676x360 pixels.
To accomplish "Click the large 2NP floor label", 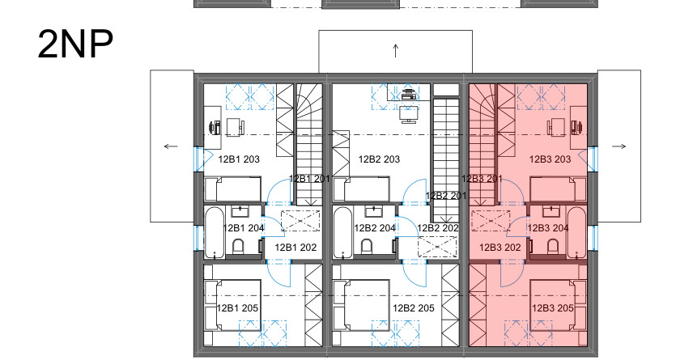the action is (x=75, y=44).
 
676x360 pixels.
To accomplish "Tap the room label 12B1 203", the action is (x=239, y=159).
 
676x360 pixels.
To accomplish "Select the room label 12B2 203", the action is (x=379, y=159).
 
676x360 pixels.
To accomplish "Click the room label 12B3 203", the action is (x=551, y=159).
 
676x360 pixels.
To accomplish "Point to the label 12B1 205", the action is (x=237, y=308).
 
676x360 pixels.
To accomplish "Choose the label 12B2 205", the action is (x=414, y=308).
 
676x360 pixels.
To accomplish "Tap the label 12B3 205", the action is (x=553, y=308).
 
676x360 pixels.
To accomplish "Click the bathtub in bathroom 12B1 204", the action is (x=215, y=232).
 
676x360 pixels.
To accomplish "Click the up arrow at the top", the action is (x=396, y=51).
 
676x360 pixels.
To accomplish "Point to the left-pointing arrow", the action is (x=171, y=146).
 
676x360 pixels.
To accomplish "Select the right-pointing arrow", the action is (x=619, y=146).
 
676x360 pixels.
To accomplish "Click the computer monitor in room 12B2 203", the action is (x=409, y=115).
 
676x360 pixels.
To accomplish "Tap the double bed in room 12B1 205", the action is (x=232, y=305).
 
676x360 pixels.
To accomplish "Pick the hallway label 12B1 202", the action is (x=295, y=248).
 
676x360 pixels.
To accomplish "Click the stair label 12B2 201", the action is (x=446, y=196).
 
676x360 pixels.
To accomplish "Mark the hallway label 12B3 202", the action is (x=500, y=248).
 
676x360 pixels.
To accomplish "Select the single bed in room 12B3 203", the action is (x=558, y=188).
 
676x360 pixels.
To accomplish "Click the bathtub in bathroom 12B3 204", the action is (x=577, y=232).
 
